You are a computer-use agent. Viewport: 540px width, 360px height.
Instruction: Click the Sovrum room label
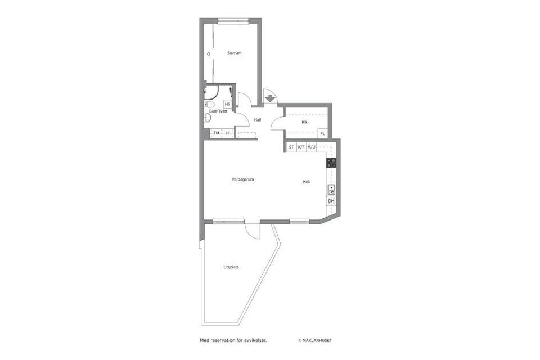click(234, 53)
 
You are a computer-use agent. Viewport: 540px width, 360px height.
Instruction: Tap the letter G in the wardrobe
click(208, 54)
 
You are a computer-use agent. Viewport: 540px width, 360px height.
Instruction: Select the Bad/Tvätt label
click(218, 111)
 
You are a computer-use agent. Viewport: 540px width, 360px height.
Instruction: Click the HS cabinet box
click(228, 104)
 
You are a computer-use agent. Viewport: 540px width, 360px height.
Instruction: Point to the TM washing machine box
click(216, 133)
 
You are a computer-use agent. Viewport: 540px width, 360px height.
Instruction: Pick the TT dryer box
click(228, 133)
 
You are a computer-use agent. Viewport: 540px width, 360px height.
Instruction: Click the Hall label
click(258, 120)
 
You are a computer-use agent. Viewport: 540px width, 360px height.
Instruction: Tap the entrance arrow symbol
click(270, 98)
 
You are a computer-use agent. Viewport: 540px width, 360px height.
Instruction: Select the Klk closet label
click(304, 122)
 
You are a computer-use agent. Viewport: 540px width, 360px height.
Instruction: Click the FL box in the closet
click(322, 134)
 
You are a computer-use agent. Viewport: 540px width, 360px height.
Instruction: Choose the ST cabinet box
click(291, 147)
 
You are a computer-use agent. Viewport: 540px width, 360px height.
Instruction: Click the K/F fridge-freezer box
click(301, 147)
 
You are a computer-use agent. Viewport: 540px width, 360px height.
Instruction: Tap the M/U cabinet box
click(312, 147)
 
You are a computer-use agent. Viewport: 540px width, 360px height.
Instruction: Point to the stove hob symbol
click(331, 163)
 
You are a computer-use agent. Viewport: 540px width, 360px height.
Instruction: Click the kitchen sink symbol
click(331, 189)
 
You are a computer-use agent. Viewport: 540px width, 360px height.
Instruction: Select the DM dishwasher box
click(331, 201)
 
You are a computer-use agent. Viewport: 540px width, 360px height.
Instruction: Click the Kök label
click(307, 182)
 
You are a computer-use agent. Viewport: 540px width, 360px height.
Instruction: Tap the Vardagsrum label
click(243, 179)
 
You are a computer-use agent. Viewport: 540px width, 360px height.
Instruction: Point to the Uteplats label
click(231, 267)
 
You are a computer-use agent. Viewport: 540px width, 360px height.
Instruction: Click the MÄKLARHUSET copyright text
click(319, 340)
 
